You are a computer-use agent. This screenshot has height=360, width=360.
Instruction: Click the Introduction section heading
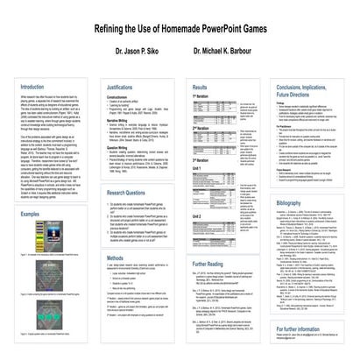coord(35,88)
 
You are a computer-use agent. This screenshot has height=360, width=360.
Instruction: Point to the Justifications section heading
coord(124,88)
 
